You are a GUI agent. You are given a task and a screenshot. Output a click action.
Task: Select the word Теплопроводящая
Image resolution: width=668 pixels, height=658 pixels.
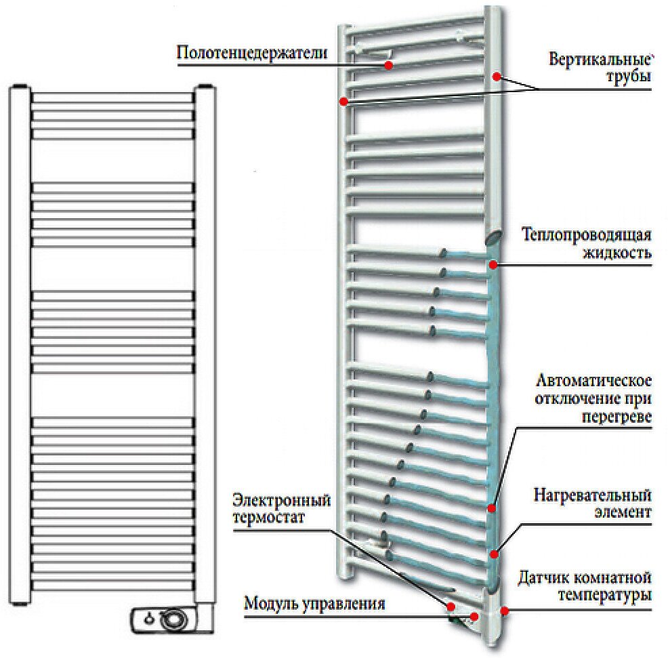(586, 234)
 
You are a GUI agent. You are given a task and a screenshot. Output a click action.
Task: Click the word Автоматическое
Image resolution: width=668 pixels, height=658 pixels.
(594, 379)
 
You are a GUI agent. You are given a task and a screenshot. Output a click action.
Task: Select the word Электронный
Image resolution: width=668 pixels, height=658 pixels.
(281, 500)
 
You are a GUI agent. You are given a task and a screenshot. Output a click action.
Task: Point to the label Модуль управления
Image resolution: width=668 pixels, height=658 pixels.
(314, 602)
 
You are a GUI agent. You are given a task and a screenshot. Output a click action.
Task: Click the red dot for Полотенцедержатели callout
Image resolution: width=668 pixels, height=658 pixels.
(388, 65)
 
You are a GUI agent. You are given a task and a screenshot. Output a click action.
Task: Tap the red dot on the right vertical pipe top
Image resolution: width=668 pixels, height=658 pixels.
(497, 77)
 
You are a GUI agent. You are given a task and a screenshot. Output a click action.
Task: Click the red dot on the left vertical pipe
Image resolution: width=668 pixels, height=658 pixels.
(343, 102)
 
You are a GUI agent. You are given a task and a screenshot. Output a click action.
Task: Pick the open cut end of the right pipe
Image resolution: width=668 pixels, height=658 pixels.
(494, 237)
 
